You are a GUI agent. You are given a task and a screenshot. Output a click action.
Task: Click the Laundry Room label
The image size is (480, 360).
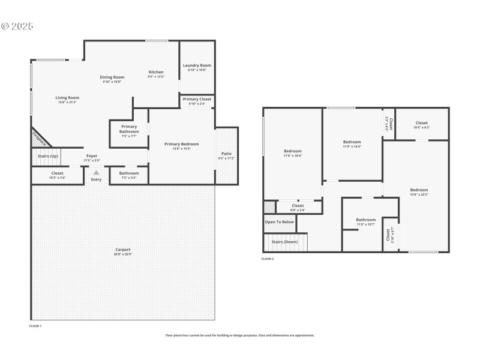(197, 65)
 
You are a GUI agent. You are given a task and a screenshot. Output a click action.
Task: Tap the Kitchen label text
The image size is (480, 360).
(156, 72)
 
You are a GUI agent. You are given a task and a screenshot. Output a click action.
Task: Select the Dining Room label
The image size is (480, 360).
(112, 77)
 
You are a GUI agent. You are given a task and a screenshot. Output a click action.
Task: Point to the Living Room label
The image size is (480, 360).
(67, 97)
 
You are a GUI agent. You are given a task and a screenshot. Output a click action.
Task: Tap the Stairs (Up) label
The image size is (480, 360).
(48, 156)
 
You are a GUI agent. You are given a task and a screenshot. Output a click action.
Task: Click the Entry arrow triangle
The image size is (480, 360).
(96, 173)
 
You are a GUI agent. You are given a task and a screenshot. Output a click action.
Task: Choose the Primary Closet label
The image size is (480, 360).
(197, 100)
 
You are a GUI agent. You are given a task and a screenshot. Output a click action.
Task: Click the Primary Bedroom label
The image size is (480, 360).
(182, 144)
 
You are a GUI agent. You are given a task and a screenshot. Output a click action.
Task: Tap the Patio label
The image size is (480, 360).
(226, 154)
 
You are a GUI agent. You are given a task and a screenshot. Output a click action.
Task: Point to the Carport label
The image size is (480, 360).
(122, 250)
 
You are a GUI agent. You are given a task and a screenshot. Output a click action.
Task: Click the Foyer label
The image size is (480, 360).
(91, 156)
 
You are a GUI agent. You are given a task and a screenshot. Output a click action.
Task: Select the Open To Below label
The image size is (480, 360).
(280, 221)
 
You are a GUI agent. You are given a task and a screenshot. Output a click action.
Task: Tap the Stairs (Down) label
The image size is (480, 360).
(284, 242)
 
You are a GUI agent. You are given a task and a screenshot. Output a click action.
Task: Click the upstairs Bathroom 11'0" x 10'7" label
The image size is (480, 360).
(365, 220)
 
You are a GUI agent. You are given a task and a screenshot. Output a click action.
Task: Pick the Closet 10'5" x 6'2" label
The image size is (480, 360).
(421, 123)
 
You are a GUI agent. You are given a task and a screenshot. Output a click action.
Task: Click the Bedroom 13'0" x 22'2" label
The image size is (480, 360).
(419, 190)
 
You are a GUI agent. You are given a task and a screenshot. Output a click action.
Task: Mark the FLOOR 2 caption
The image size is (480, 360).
(268, 259)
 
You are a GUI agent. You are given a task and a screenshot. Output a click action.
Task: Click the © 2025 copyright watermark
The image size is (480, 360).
(17, 26)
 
